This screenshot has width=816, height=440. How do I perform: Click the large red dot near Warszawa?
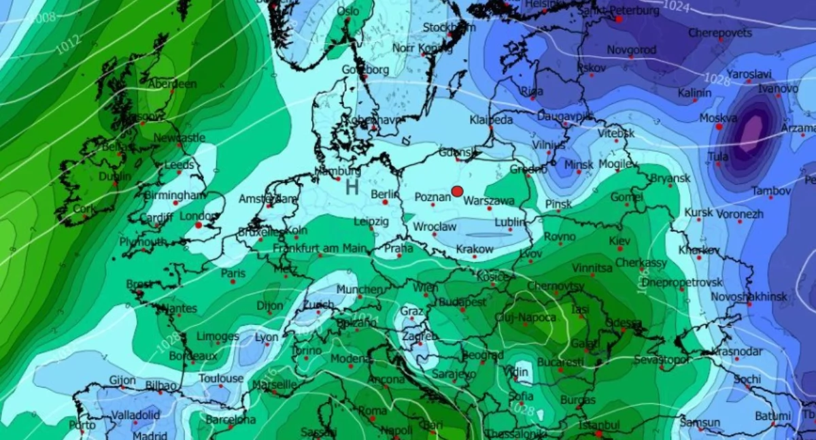coord(457,191)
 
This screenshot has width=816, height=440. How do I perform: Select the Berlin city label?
coord(384,194)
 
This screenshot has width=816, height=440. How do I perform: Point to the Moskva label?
coord(718,118)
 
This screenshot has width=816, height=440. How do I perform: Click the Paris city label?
coord(233,273)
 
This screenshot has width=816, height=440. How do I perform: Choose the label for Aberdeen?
coord(172,84)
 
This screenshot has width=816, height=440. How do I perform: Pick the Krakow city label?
coord(475,250)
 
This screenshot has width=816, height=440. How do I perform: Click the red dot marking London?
coord(199,224)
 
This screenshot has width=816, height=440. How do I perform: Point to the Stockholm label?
coord(449,27)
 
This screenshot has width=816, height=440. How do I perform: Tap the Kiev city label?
coord(619,241)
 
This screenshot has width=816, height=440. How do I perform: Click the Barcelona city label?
coord(231,420)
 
